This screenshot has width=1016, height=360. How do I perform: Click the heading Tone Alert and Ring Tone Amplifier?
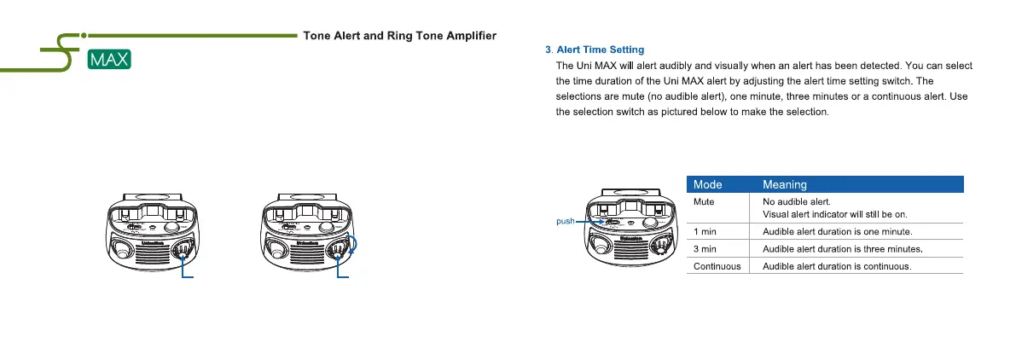[x=401, y=36]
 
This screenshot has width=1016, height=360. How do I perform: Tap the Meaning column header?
[x=785, y=183]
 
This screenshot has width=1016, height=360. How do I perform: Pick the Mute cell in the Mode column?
[x=704, y=201]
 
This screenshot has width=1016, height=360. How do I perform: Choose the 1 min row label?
[x=705, y=231]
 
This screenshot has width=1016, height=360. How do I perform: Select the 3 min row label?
[x=705, y=249]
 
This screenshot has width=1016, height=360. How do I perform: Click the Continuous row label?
[x=717, y=266]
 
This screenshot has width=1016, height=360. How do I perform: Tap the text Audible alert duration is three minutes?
[x=847, y=249]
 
